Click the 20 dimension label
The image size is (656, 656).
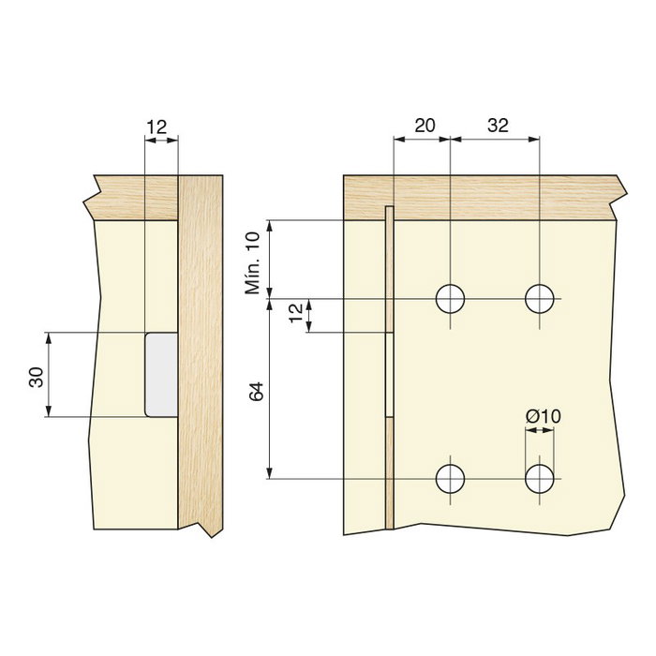[424, 126]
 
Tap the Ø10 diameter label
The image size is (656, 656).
[543, 416]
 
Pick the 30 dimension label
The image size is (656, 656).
[36, 376]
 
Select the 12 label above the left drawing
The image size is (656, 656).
[158, 126]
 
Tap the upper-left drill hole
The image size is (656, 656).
[451, 299]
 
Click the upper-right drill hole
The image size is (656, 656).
[540, 299]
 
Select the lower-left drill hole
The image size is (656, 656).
[451, 479]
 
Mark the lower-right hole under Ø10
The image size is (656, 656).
[540, 479]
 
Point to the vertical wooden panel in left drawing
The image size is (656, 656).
[200, 356]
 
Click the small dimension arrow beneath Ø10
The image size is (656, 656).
[539, 431]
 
